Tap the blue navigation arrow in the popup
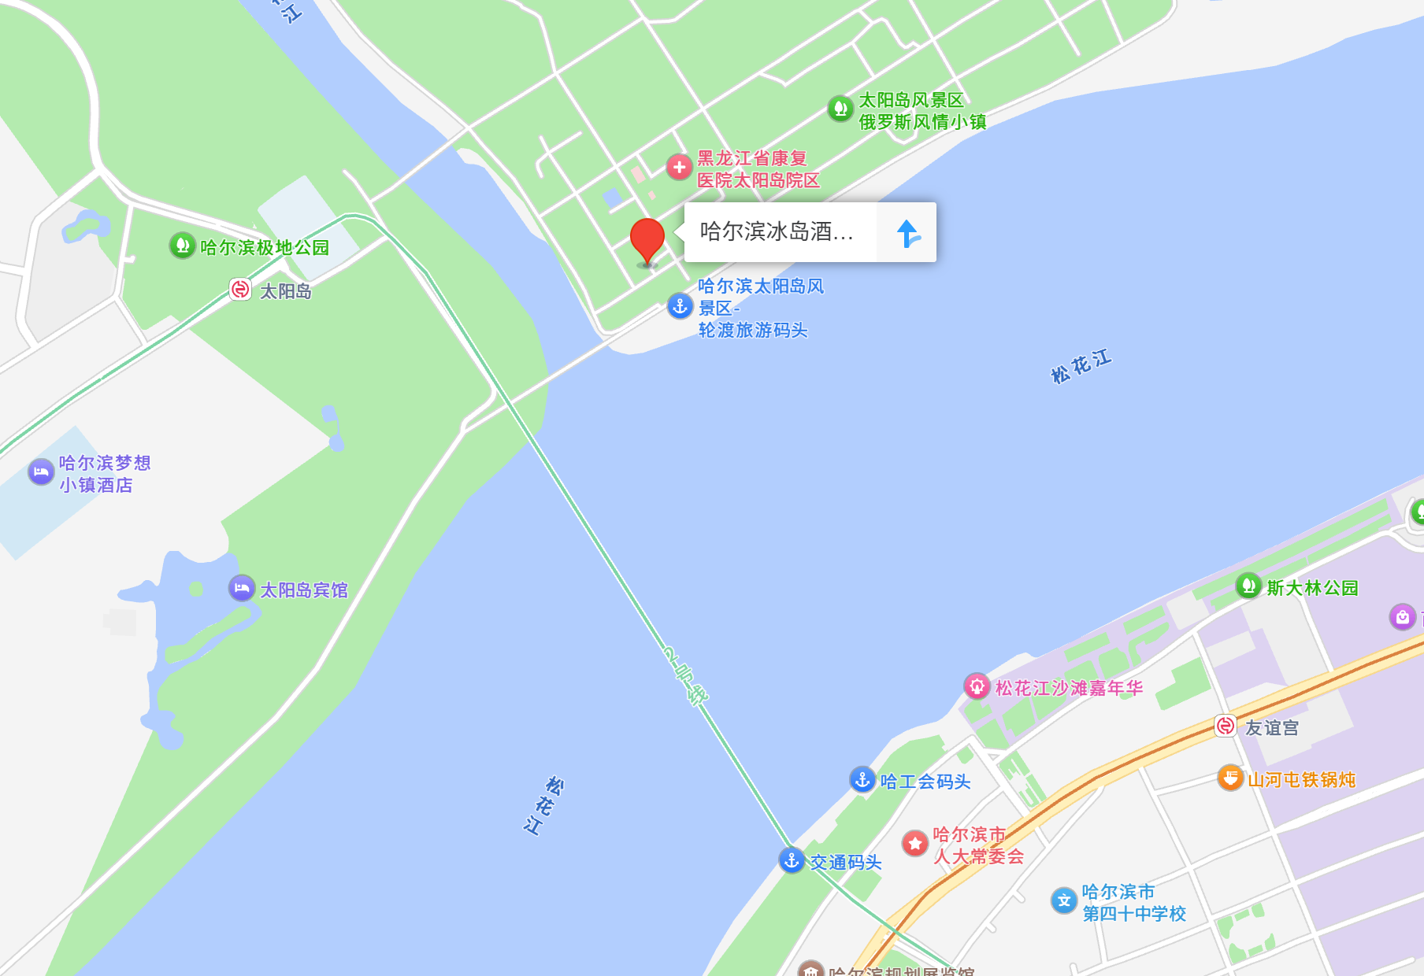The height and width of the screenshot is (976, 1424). pyautogui.click(x=907, y=233)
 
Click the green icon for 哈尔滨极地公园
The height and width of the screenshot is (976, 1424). pyautogui.click(x=182, y=246)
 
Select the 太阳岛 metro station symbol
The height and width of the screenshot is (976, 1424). pyautogui.click(x=240, y=290)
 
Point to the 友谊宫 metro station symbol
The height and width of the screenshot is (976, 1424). pyautogui.click(x=1226, y=726)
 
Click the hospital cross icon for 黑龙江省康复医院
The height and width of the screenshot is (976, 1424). pyautogui.click(x=679, y=167)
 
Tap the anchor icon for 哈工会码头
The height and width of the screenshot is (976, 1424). pyautogui.click(x=862, y=779)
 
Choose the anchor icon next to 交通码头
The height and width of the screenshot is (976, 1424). pyautogui.click(x=792, y=860)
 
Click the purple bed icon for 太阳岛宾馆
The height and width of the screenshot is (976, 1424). pyautogui.click(x=242, y=588)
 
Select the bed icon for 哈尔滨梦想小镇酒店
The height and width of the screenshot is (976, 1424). pyautogui.click(x=41, y=472)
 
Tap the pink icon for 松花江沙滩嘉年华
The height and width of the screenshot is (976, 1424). pyautogui.click(x=977, y=686)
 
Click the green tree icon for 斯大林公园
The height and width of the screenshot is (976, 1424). pyautogui.click(x=1248, y=586)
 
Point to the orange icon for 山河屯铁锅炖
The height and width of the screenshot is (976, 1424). pyautogui.click(x=1230, y=778)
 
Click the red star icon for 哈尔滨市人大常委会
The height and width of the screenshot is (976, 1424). pyautogui.click(x=915, y=844)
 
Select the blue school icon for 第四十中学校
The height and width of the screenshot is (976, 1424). pyautogui.click(x=1064, y=900)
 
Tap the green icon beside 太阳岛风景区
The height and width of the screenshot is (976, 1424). pyautogui.click(x=840, y=108)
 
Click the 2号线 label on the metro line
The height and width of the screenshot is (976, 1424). pyautogui.click(x=685, y=675)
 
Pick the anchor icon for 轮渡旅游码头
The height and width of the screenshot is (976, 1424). pyautogui.click(x=680, y=305)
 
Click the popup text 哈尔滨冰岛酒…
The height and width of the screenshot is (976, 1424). pyautogui.click(x=777, y=231)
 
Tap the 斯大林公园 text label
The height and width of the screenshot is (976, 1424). pyautogui.click(x=1312, y=588)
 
